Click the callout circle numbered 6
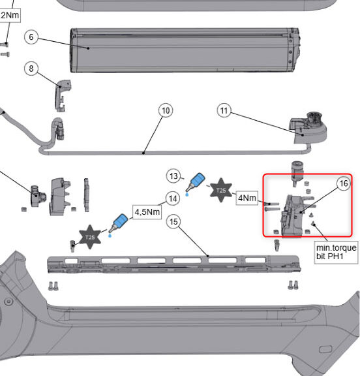[x=31, y=37]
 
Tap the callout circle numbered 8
[x=31, y=69]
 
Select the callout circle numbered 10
[x=166, y=110]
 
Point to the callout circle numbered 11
[x=224, y=110]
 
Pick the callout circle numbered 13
[x=173, y=176]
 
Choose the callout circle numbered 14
[x=173, y=198]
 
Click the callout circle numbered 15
[x=173, y=221]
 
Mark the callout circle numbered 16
[x=344, y=183]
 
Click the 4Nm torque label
[x=247, y=198]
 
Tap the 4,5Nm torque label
[x=147, y=212]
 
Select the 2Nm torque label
[x=10, y=16]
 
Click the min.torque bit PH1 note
[x=337, y=252]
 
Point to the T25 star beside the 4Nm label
[x=221, y=190]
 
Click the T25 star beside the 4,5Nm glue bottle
[x=90, y=237]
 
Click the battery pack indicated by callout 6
[x=185, y=50]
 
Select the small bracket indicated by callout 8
[x=62, y=95]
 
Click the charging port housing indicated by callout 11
[x=308, y=128]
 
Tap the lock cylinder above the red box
[x=297, y=173]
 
